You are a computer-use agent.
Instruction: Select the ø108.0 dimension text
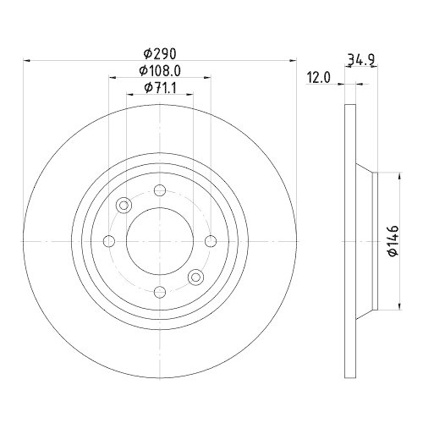[x=160, y=71]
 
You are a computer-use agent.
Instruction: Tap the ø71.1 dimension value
[x=160, y=87]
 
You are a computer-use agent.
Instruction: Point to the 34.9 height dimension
[x=360, y=59]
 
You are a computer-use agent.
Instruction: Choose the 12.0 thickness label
[x=317, y=77]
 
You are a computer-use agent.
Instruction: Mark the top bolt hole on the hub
[x=161, y=192]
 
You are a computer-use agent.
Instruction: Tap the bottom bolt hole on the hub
[x=161, y=291]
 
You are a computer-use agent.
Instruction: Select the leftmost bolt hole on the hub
[x=109, y=242]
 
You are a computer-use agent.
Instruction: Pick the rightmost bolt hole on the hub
[x=210, y=242]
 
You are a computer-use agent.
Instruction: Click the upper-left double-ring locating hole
[x=125, y=206]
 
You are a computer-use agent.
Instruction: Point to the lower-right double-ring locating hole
[x=195, y=277]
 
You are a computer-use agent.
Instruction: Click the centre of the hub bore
[x=160, y=242]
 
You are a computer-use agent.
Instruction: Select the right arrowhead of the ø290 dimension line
[x=296, y=60]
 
